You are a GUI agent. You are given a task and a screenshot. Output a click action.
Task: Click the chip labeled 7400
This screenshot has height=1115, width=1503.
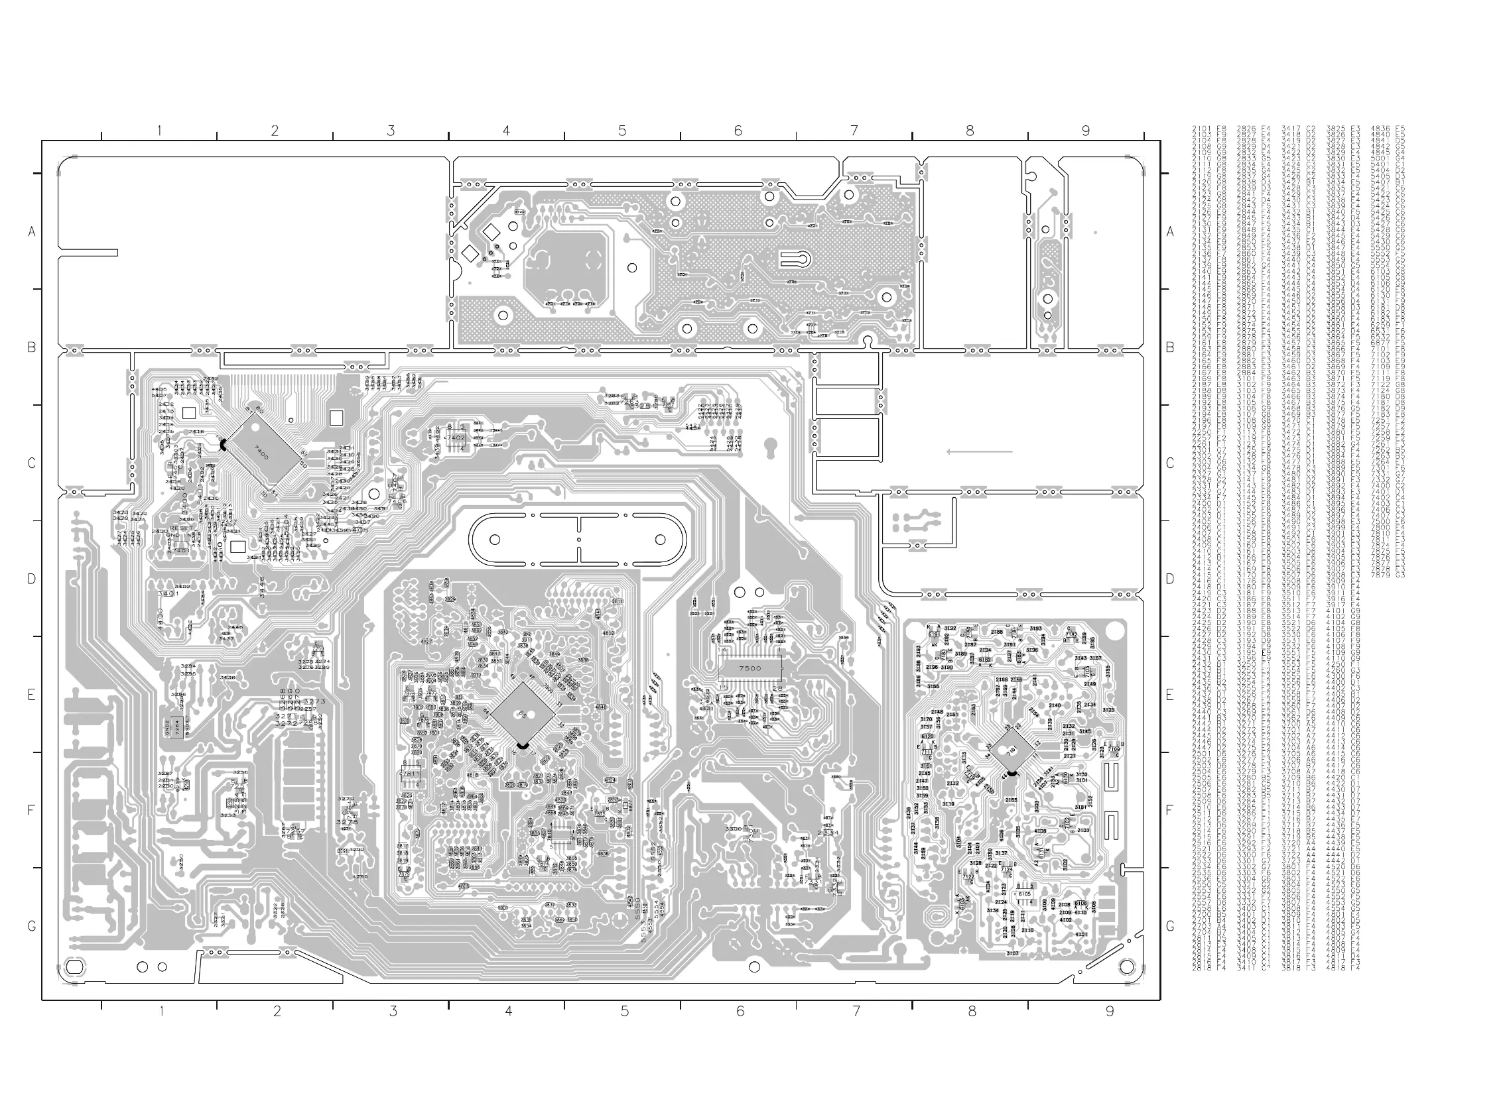coord(261,453)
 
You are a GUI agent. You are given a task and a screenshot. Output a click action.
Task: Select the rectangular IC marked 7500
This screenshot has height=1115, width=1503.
coord(750,668)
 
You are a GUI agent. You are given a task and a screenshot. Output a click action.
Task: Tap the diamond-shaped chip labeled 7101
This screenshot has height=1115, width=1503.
coord(1012,750)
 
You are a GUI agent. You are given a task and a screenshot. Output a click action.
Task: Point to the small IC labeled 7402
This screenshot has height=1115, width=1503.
coord(456,438)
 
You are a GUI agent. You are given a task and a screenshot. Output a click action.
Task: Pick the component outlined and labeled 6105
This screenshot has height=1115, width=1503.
coord(1025,894)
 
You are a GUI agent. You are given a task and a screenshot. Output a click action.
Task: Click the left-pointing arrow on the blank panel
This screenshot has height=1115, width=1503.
coord(979,451)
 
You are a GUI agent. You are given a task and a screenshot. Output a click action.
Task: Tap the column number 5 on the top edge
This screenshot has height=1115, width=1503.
coord(622,131)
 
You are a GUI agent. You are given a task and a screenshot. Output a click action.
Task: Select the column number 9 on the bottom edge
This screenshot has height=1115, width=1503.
coord(1110,1011)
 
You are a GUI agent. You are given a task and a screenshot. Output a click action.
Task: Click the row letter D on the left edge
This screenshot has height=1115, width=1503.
coord(31,579)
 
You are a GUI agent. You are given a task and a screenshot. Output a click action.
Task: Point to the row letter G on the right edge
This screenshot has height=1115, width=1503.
coord(1170,927)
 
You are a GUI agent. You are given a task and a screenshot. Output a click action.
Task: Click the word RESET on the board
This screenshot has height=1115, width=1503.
coord(181,528)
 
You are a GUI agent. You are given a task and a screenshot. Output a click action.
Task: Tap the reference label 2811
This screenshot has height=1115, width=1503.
coord(617,602)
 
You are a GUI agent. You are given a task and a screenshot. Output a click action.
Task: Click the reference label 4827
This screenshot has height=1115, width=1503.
coord(426,641)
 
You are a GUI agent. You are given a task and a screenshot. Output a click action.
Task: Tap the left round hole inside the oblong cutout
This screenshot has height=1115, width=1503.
coord(494,540)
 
